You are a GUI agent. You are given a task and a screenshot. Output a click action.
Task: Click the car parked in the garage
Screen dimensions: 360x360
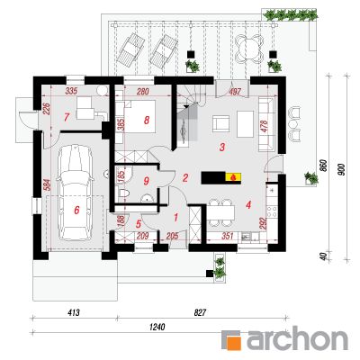pos(76,193)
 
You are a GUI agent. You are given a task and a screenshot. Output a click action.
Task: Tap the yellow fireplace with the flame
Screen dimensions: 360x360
pos(233,177)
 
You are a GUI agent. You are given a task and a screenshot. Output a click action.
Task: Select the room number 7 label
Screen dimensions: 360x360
pos(67,117)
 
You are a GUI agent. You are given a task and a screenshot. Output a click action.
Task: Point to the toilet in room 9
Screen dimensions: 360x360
pos(124,193)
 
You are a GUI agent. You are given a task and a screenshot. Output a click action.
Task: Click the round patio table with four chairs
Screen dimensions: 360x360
pos(250,48)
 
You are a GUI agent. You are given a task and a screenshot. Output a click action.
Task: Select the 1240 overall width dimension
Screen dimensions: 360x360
pos(157,327)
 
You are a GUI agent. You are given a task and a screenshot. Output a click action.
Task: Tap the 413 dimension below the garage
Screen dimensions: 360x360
pos(74,313)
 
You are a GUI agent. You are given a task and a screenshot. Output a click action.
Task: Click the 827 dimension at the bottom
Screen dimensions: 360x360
pos(200,313)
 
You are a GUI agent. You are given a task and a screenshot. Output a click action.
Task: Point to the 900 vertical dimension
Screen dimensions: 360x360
pos(342,169)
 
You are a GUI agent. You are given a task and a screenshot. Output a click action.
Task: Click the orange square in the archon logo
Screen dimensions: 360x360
pos(232,340)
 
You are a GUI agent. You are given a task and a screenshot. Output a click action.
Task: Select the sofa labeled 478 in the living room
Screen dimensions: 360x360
pos(266,123)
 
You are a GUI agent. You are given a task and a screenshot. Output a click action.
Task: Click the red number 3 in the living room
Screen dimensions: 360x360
pos(222,148)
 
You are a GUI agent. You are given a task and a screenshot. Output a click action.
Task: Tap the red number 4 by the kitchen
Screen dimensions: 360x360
pos(247,205)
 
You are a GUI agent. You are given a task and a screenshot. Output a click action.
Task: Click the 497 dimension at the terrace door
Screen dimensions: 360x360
pos(235,92)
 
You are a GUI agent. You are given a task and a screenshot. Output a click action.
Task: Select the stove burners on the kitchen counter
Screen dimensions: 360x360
pos(272,211)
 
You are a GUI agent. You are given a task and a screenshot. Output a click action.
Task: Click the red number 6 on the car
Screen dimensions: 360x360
pos(76,211)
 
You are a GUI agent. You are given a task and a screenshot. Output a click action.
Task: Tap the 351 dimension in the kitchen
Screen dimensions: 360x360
pos(228,236)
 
